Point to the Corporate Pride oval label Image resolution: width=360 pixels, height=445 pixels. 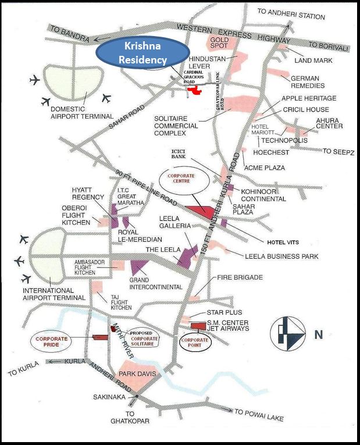click(x=52, y=342)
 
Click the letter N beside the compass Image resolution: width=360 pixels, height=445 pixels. click(x=318, y=334)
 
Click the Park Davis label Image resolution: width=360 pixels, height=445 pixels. click(x=138, y=374)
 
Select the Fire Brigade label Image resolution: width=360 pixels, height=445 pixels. click(x=240, y=277)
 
